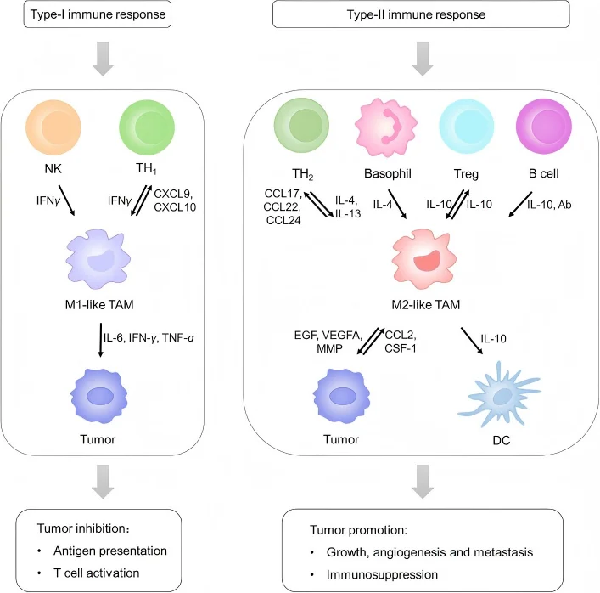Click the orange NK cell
click(x=53, y=127)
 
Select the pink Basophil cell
click(x=385, y=127)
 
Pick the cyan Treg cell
click(x=466, y=126)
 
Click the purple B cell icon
click(x=544, y=126)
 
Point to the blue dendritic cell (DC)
click(x=499, y=394)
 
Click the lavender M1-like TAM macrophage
click(x=98, y=259)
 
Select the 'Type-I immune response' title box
click(x=98, y=14)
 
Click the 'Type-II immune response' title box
click(x=421, y=14)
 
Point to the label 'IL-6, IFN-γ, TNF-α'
click(x=149, y=338)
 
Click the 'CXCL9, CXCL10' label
click(x=175, y=200)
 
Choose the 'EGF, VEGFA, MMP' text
click(x=328, y=342)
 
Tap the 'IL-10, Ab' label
click(x=549, y=205)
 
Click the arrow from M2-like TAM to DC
click(x=472, y=341)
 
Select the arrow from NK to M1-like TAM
click(x=66, y=200)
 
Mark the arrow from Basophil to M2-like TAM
click(x=397, y=204)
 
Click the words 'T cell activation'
click(x=97, y=573)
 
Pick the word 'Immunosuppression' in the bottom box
click(x=382, y=574)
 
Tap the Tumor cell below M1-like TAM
click(x=99, y=396)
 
